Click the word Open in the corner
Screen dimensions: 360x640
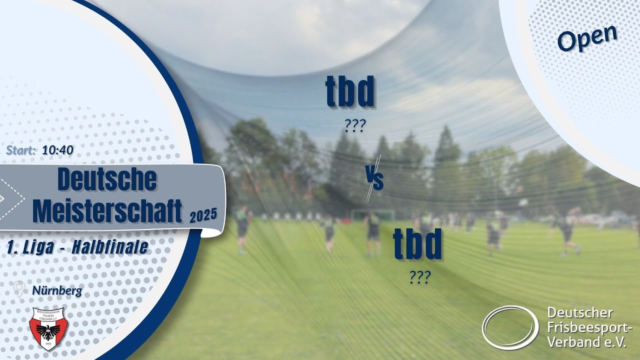[587, 37]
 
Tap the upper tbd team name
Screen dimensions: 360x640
[350, 92]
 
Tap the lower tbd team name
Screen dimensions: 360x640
[417, 244]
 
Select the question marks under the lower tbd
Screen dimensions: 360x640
[419, 278]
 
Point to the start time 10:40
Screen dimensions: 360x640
[58, 149]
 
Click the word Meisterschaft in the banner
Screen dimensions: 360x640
[107, 210]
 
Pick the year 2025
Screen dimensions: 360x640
[203, 215]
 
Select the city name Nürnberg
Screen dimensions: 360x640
[56, 290]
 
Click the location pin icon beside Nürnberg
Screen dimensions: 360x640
[19, 289]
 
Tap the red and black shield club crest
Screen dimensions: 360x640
[48, 327]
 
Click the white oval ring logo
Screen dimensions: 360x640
[510, 327]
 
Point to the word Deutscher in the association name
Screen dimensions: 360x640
[579, 313]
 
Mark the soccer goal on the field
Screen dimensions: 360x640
[372, 215]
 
